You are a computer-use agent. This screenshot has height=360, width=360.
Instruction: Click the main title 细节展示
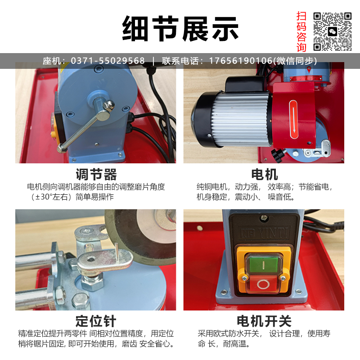coord(180,29)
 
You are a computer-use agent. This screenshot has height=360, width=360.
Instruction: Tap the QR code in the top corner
coord(333,31)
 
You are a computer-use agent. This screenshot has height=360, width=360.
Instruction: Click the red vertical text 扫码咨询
coord(301,31)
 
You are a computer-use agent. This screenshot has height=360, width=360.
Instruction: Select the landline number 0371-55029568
coord(108,61)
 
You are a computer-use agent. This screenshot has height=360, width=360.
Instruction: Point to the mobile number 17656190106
coord(240,61)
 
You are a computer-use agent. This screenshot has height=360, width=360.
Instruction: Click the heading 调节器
coord(96,175)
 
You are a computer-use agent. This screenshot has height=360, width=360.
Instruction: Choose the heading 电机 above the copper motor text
coord(265,175)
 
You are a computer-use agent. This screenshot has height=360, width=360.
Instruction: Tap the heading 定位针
coord(96,321)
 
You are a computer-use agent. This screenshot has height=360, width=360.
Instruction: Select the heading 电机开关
coord(264,321)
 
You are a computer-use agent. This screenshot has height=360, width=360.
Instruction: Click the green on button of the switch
coord(263,264)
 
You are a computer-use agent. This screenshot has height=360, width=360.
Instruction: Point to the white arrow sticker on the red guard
coord(293,119)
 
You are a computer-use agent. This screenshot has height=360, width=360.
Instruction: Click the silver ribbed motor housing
coord(241,119)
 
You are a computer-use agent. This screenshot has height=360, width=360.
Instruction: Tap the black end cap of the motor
coord(203,119)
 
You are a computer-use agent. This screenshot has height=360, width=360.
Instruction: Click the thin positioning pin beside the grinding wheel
coord(117,252)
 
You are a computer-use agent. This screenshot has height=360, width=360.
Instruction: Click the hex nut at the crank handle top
coord(108,106)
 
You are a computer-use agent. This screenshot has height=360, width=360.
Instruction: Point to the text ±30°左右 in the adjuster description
coord(52,197)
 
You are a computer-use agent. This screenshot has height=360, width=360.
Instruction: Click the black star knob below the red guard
coord(277,153)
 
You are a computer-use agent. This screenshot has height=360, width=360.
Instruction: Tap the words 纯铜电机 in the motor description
coord(211,187)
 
